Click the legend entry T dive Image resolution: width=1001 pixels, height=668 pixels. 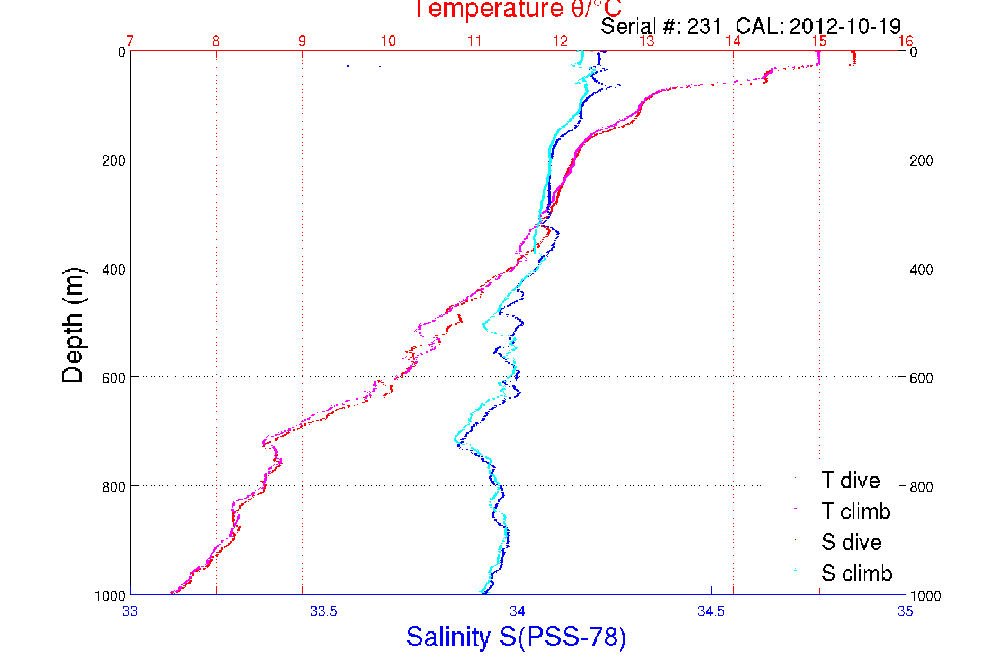tap(850, 480)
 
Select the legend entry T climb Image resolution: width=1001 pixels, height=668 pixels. tap(855, 511)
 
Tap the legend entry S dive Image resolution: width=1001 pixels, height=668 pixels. tap(851, 542)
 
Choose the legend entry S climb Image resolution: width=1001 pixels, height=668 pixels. tap(856, 573)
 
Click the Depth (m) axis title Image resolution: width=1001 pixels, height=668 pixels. tap(73, 325)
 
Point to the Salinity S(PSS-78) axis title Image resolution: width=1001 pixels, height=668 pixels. tap(516, 636)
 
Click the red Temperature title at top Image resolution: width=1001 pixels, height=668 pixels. tap(518, 8)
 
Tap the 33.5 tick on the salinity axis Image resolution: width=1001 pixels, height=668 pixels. tap(323, 611)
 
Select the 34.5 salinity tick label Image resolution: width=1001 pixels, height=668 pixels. tap(711, 611)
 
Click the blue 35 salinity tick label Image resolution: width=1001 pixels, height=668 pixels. tap(905, 611)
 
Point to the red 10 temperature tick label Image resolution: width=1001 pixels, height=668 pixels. tap(388, 41)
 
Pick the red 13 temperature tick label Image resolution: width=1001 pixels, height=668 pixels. tap(647, 41)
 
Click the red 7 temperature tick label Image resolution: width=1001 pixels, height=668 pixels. tap(130, 41)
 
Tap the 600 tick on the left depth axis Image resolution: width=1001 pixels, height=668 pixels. tap(113, 378)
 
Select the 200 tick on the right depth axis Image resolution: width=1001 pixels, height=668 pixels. tap(921, 160)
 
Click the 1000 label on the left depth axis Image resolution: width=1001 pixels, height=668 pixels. tap(110, 596)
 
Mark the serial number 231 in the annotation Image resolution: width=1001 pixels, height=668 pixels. tap(704, 26)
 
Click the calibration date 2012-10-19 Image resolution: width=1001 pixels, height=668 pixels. tap(845, 26)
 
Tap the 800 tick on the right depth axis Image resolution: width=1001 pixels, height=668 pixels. tap(921, 487)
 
